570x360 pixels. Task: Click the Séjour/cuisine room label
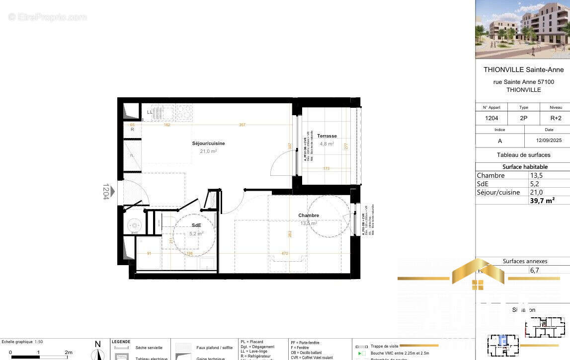tap(208, 144)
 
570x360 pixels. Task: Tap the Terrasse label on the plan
tap(327, 136)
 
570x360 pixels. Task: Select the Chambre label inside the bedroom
tap(309, 216)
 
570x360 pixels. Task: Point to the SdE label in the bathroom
tap(196, 225)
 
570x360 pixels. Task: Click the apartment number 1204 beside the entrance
tap(106, 191)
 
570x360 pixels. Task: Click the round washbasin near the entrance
tap(134, 225)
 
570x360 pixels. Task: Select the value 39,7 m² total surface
tap(542, 200)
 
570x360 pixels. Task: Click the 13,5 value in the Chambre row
tap(536, 175)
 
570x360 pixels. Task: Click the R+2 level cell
tap(556, 118)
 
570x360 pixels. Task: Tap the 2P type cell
tap(523, 118)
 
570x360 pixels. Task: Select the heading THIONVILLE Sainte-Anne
tap(523, 70)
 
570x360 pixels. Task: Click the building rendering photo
tap(522, 29)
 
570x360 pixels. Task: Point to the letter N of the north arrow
tap(97, 344)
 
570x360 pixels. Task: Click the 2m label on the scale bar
tap(69, 352)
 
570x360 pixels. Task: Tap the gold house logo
tap(478, 275)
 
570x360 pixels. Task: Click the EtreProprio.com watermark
tap(47, 17)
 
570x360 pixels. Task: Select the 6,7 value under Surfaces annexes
tap(535, 270)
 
